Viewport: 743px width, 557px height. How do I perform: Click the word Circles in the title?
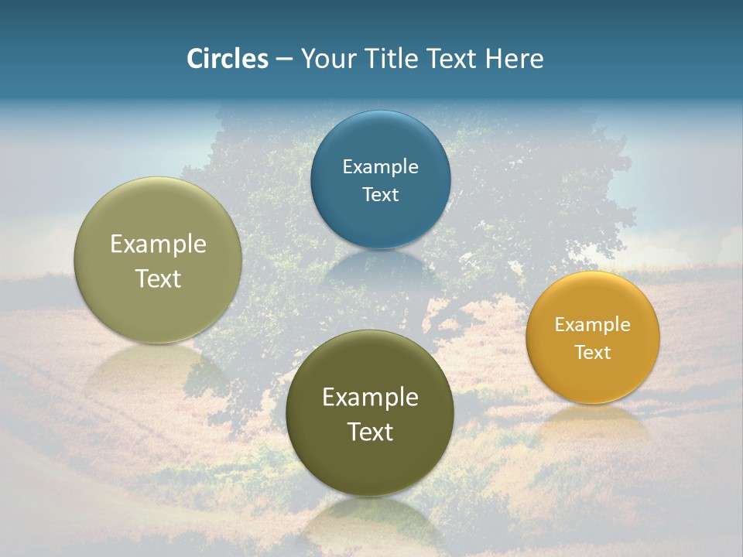227,59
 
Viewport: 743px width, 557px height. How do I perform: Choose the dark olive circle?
370,464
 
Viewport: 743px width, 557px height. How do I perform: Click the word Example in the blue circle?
380,167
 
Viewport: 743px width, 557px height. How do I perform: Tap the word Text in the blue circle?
380,195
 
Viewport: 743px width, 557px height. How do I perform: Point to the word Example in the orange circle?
592,325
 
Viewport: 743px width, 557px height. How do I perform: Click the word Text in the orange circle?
592,353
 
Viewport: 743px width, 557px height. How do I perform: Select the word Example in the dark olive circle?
370,398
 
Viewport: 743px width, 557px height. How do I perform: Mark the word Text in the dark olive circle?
370,432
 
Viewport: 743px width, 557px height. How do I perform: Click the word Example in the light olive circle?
158,244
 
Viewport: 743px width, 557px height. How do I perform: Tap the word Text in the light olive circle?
158,278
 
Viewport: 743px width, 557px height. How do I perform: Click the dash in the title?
283,60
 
